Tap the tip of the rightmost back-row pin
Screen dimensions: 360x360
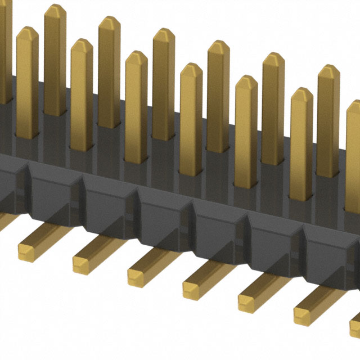328,70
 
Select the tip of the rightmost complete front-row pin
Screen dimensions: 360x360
301,92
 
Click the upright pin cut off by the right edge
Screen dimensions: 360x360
353,141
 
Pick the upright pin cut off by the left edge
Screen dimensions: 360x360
5,51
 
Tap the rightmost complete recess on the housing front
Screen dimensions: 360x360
326,247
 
